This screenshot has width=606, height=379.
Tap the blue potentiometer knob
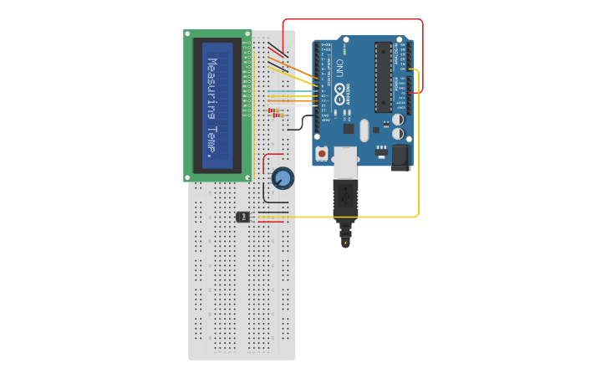pyautogui.click(x=283, y=177)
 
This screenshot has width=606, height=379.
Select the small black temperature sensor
pyautogui.click(x=242, y=217)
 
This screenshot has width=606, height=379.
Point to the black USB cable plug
pyautogui.click(x=345, y=201)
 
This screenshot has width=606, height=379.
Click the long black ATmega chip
pyautogui.click(x=383, y=77)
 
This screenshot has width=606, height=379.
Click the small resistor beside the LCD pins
pyautogui.click(x=274, y=110)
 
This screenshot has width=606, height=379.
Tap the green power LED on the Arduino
pyautogui.click(x=344, y=50)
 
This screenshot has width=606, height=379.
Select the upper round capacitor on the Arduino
pyautogui.click(x=398, y=120)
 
